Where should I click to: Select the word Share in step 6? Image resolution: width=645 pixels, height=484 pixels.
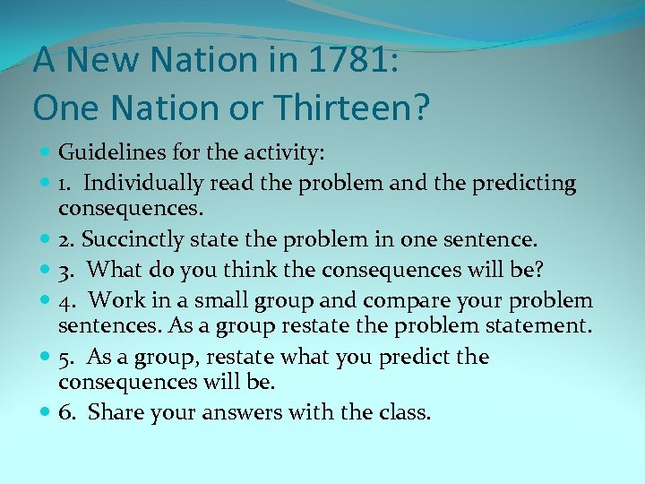tap(112, 413)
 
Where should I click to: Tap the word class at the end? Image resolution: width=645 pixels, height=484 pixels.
tap(408, 413)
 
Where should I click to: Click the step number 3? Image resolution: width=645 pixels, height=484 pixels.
tap(64, 269)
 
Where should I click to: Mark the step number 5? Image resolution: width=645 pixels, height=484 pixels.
tap(64, 356)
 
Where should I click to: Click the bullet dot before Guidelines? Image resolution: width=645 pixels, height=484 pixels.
tap(45, 154)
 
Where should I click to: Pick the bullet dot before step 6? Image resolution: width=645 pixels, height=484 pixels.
tap(45, 414)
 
